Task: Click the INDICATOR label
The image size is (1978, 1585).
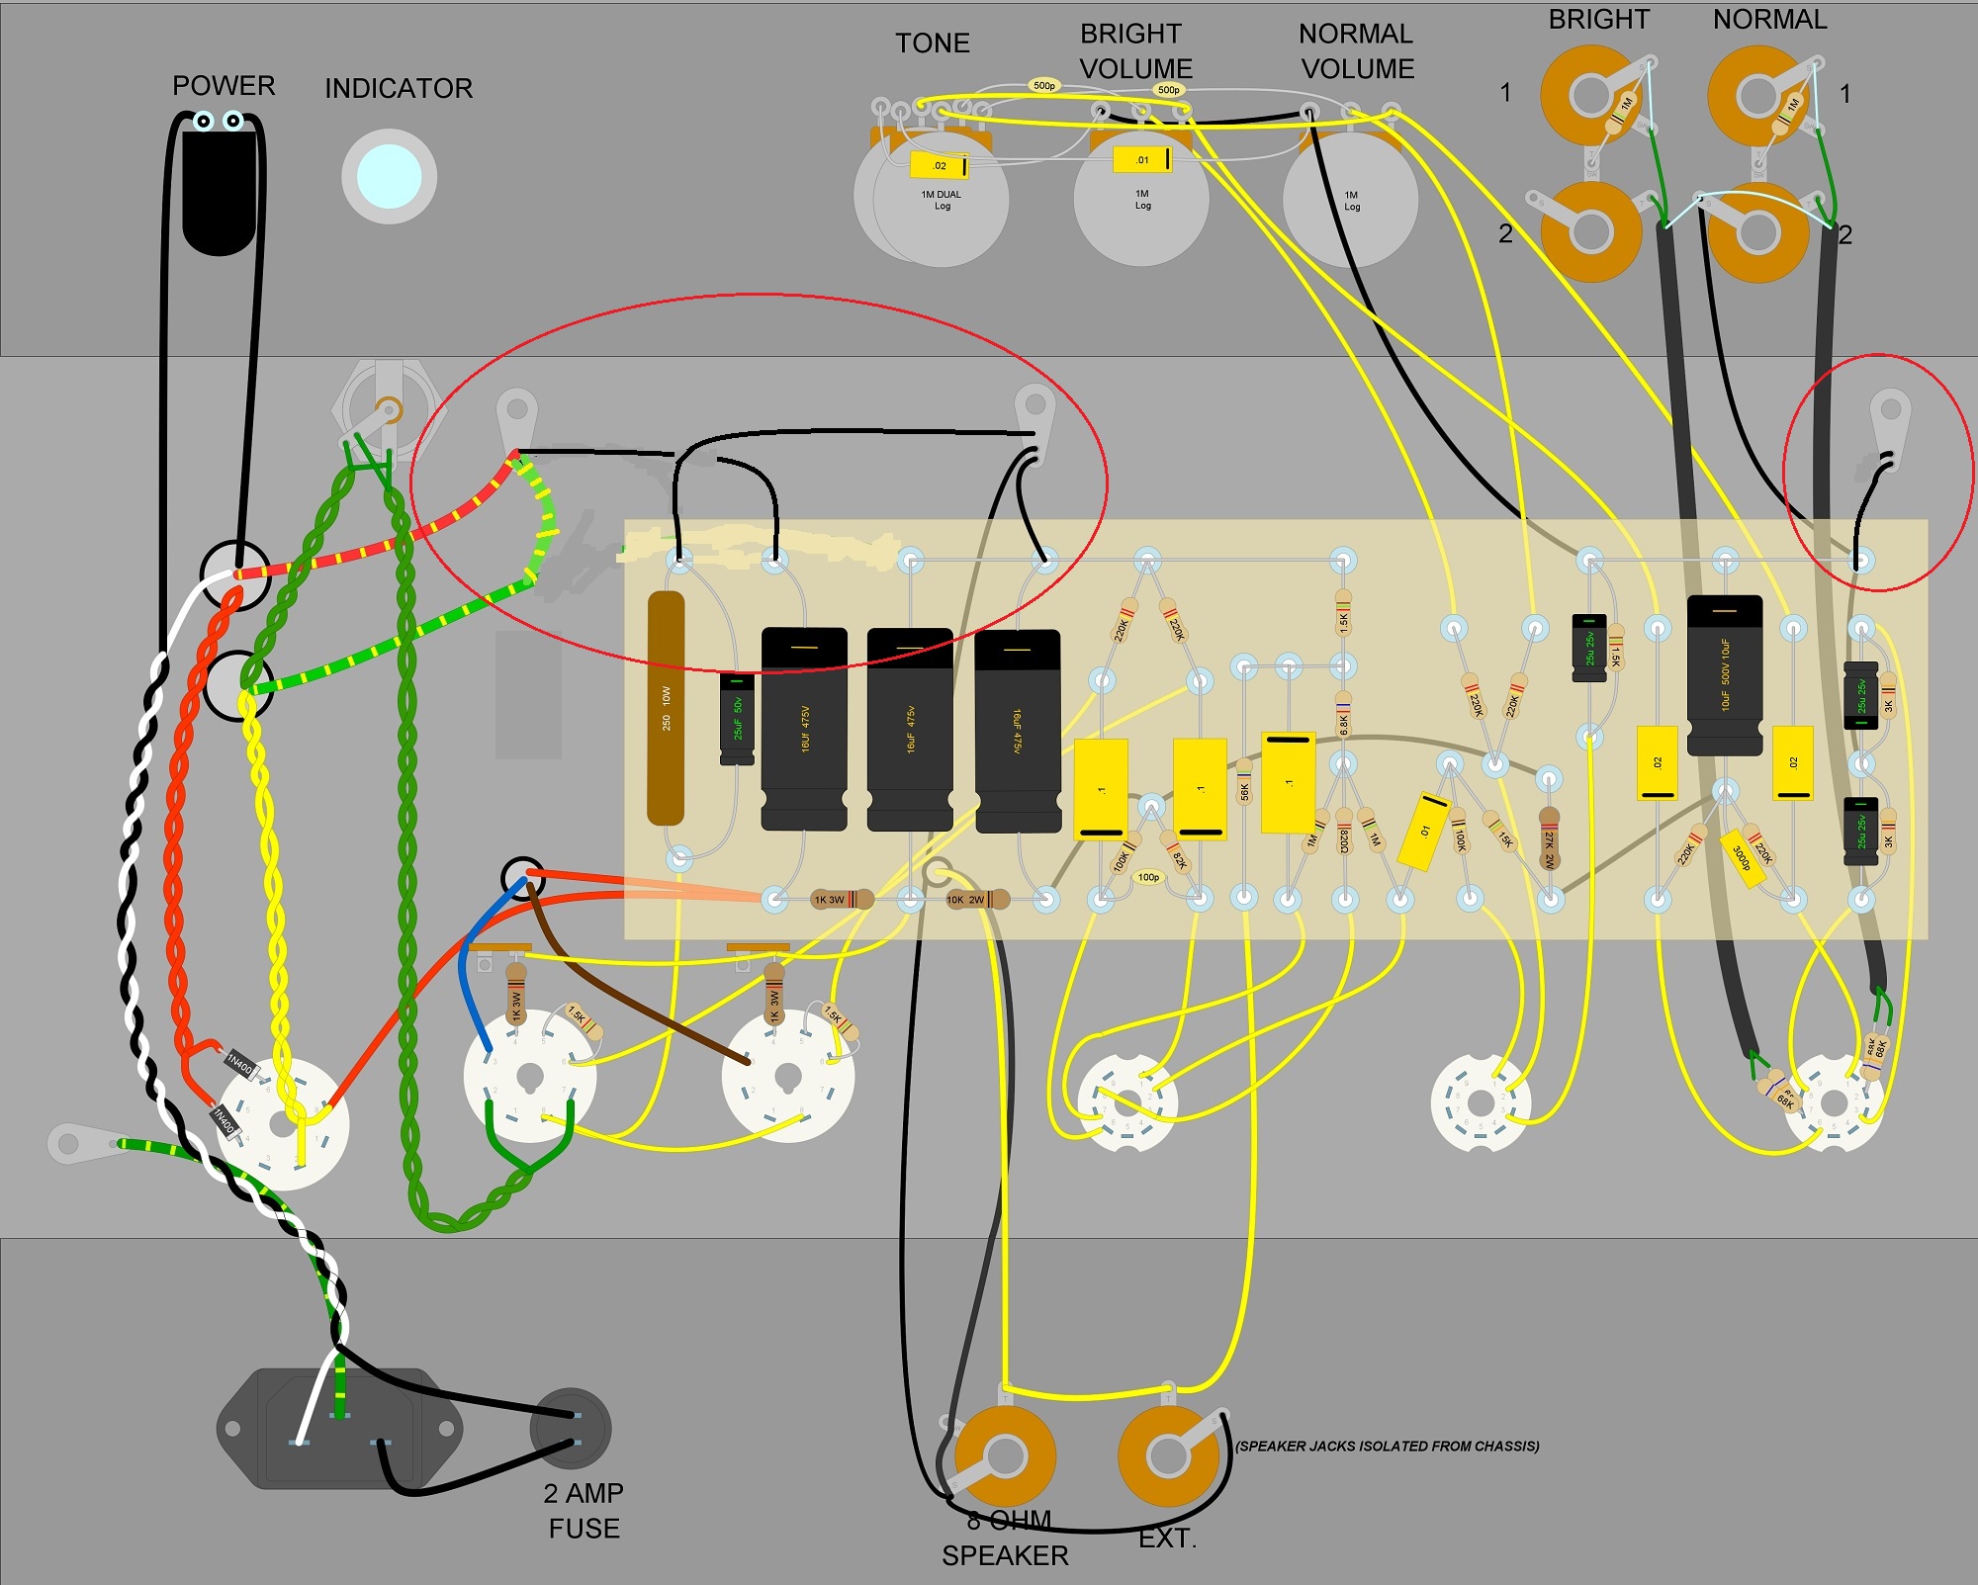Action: click(399, 89)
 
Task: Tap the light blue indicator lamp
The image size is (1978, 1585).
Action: click(389, 176)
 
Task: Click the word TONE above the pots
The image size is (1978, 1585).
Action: click(932, 44)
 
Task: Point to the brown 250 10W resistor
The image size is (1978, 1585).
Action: click(666, 708)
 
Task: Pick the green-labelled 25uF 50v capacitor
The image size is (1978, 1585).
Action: click(737, 719)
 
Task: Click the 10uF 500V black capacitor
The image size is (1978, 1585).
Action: click(1724, 675)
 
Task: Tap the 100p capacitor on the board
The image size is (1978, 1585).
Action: click(1148, 877)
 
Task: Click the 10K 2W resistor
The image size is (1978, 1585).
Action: click(975, 900)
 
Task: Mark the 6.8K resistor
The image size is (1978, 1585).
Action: click(1343, 718)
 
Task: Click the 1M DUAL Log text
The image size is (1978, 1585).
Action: click(942, 200)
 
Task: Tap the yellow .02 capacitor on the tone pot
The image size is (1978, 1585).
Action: click(939, 165)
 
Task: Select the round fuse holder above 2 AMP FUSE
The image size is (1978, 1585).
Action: click(571, 1428)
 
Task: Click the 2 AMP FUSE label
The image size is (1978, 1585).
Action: click(584, 1510)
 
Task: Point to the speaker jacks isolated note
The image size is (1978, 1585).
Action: click(1387, 1446)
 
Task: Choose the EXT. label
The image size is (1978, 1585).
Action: click(1167, 1539)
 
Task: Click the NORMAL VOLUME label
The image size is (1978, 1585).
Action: click(1357, 51)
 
